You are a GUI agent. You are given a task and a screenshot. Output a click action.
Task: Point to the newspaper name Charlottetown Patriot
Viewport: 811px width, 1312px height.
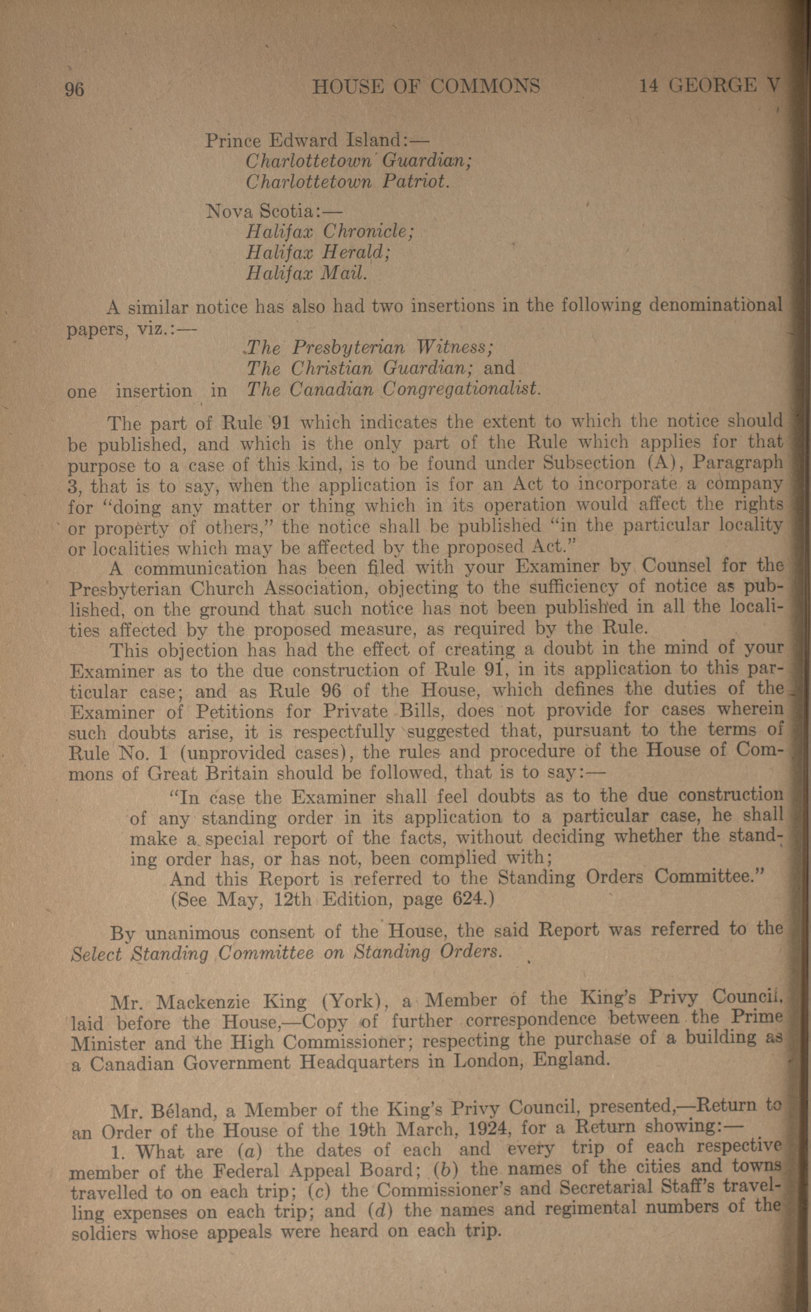347,182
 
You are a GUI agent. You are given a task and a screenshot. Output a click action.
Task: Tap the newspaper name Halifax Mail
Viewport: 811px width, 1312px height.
307,273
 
